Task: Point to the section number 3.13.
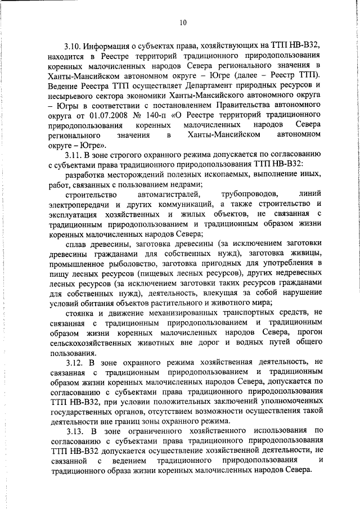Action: pos(74,430)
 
